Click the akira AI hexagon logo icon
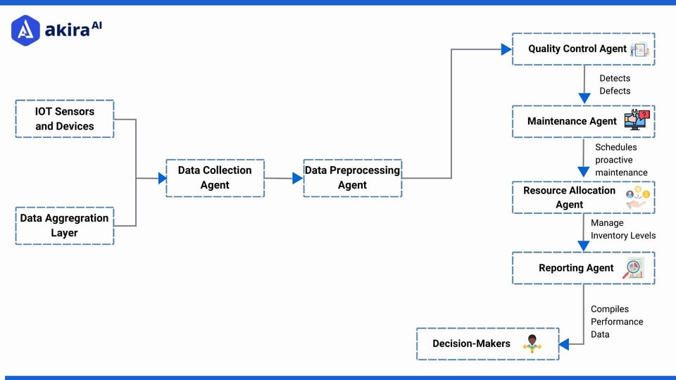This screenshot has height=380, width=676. pyautogui.click(x=25, y=30)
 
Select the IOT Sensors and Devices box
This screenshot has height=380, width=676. pyautogui.click(x=64, y=118)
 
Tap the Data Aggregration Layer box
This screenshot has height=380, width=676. pyautogui.click(x=64, y=225)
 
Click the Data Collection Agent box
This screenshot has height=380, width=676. pyautogui.click(x=215, y=177)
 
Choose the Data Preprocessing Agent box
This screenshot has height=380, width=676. pyautogui.click(x=352, y=177)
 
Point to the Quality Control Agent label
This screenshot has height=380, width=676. pyautogui.click(x=577, y=49)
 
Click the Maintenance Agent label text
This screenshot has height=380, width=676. pyautogui.click(x=572, y=121)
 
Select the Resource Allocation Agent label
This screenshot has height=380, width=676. pyautogui.click(x=569, y=197)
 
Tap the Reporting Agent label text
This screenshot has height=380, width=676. pyautogui.click(x=576, y=267)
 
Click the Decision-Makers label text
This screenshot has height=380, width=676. pyautogui.click(x=471, y=343)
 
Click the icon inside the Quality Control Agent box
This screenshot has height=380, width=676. pyautogui.click(x=639, y=49)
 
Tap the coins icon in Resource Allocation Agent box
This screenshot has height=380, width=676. pyautogui.click(x=637, y=197)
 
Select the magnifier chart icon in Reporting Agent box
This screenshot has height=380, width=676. pyautogui.click(x=634, y=268)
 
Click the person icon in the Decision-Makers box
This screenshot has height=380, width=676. pyautogui.click(x=532, y=343)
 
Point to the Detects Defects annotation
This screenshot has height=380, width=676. pyautogui.click(x=615, y=84)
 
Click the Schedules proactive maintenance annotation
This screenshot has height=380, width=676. pyautogui.click(x=621, y=160)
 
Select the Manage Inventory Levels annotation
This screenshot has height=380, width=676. pyautogui.click(x=622, y=229)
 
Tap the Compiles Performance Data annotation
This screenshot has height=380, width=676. pyautogui.click(x=616, y=322)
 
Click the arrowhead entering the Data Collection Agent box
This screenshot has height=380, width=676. pyautogui.click(x=162, y=178)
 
